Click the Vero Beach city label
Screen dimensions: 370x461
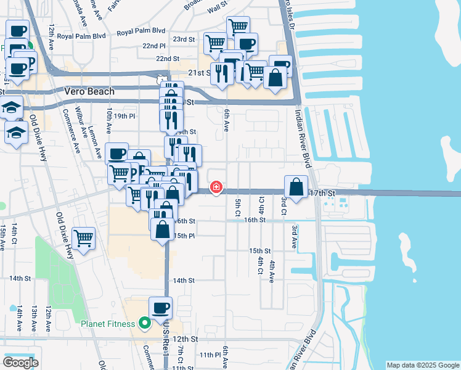tap(89, 91)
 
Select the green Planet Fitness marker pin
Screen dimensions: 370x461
tap(145, 323)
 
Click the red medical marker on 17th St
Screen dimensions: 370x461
tap(216, 187)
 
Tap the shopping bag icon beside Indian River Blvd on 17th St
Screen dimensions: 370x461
tap(296, 187)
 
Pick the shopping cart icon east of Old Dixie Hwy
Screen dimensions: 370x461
tap(83, 239)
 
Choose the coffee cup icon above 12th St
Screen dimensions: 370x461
tap(161, 308)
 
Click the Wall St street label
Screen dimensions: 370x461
tap(217, 9)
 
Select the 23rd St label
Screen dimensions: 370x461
tap(183, 39)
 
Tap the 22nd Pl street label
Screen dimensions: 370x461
tap(153, 46)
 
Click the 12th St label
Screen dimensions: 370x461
tap(185, 339)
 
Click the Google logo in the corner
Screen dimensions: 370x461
tap(20, 363)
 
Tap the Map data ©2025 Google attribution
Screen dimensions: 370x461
tap(422, 365)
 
